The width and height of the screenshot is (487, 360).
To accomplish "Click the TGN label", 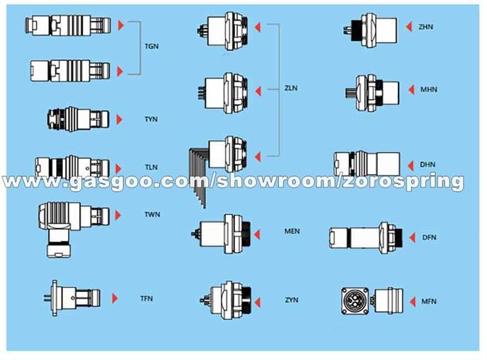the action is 151,46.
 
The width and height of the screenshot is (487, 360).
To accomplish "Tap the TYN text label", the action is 151,119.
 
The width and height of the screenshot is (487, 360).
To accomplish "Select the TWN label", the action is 152,214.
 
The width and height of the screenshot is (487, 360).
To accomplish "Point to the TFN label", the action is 147,298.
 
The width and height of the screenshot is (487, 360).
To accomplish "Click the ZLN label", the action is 291,88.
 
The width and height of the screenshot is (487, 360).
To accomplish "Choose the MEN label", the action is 292,231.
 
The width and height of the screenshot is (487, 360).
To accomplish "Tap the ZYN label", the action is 292,300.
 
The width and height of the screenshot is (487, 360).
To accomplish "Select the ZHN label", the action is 426,27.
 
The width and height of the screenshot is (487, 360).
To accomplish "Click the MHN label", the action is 429,90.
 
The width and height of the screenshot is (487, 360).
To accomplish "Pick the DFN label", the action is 429,238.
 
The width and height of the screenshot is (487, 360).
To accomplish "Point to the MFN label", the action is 429,301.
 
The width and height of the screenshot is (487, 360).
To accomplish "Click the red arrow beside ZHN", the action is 409,27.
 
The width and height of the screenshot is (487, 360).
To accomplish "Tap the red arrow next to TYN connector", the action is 119,120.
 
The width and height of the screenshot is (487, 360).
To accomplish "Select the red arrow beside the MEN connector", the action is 257,235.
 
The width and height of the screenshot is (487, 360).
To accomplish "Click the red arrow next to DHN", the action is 411,166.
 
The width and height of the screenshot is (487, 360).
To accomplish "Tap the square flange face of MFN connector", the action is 355,301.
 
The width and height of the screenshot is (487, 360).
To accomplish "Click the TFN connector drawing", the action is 73,298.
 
